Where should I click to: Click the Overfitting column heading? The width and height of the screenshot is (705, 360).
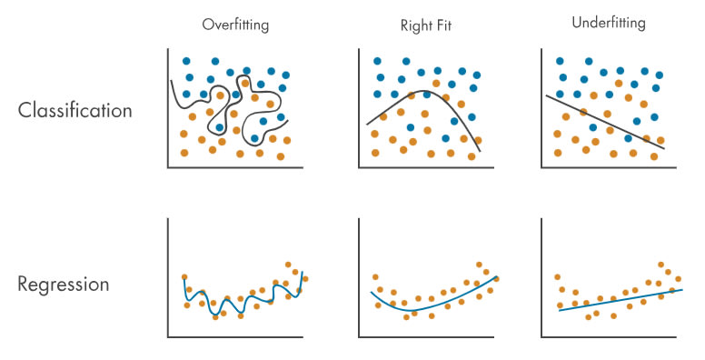pyautogui.click(x=235, y=25)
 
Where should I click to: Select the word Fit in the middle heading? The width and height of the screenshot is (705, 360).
pyautogui.click(x=443, y=25)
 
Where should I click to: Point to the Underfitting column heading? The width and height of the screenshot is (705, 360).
pyautogui.click(x=609, y=23)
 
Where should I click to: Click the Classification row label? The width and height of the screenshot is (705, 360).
pyautogui.click(x=75, y=110)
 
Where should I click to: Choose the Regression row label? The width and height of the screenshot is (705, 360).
pyautogui.click(x=64, y=285)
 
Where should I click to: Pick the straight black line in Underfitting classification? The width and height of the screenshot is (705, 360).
pyautogui.click(x=605, y=122)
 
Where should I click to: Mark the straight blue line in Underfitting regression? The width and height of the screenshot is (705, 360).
pyautogui.click(x=621, y=300)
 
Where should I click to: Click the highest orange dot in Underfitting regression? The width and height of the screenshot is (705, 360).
pyautogui.click(x=661, y=265)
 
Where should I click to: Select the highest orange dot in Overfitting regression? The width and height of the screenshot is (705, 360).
pyautogui.click(x=288, y=265)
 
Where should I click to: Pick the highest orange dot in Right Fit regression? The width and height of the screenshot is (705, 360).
pyautogui.click(x=480, y=265)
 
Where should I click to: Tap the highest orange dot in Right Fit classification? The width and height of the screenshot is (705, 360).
pyautogui.click(x=436, y=84)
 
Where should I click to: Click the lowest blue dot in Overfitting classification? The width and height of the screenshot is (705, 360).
pyautogui.click(x=254, y=138)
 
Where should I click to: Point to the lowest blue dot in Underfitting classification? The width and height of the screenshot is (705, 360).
pyautogui.click(x=628, y=138)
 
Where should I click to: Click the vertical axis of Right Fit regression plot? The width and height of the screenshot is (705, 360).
pyautogui.click(x=359, y=277)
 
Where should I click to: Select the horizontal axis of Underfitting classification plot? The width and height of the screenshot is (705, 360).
pyautogui.click(x=609, y=168)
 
